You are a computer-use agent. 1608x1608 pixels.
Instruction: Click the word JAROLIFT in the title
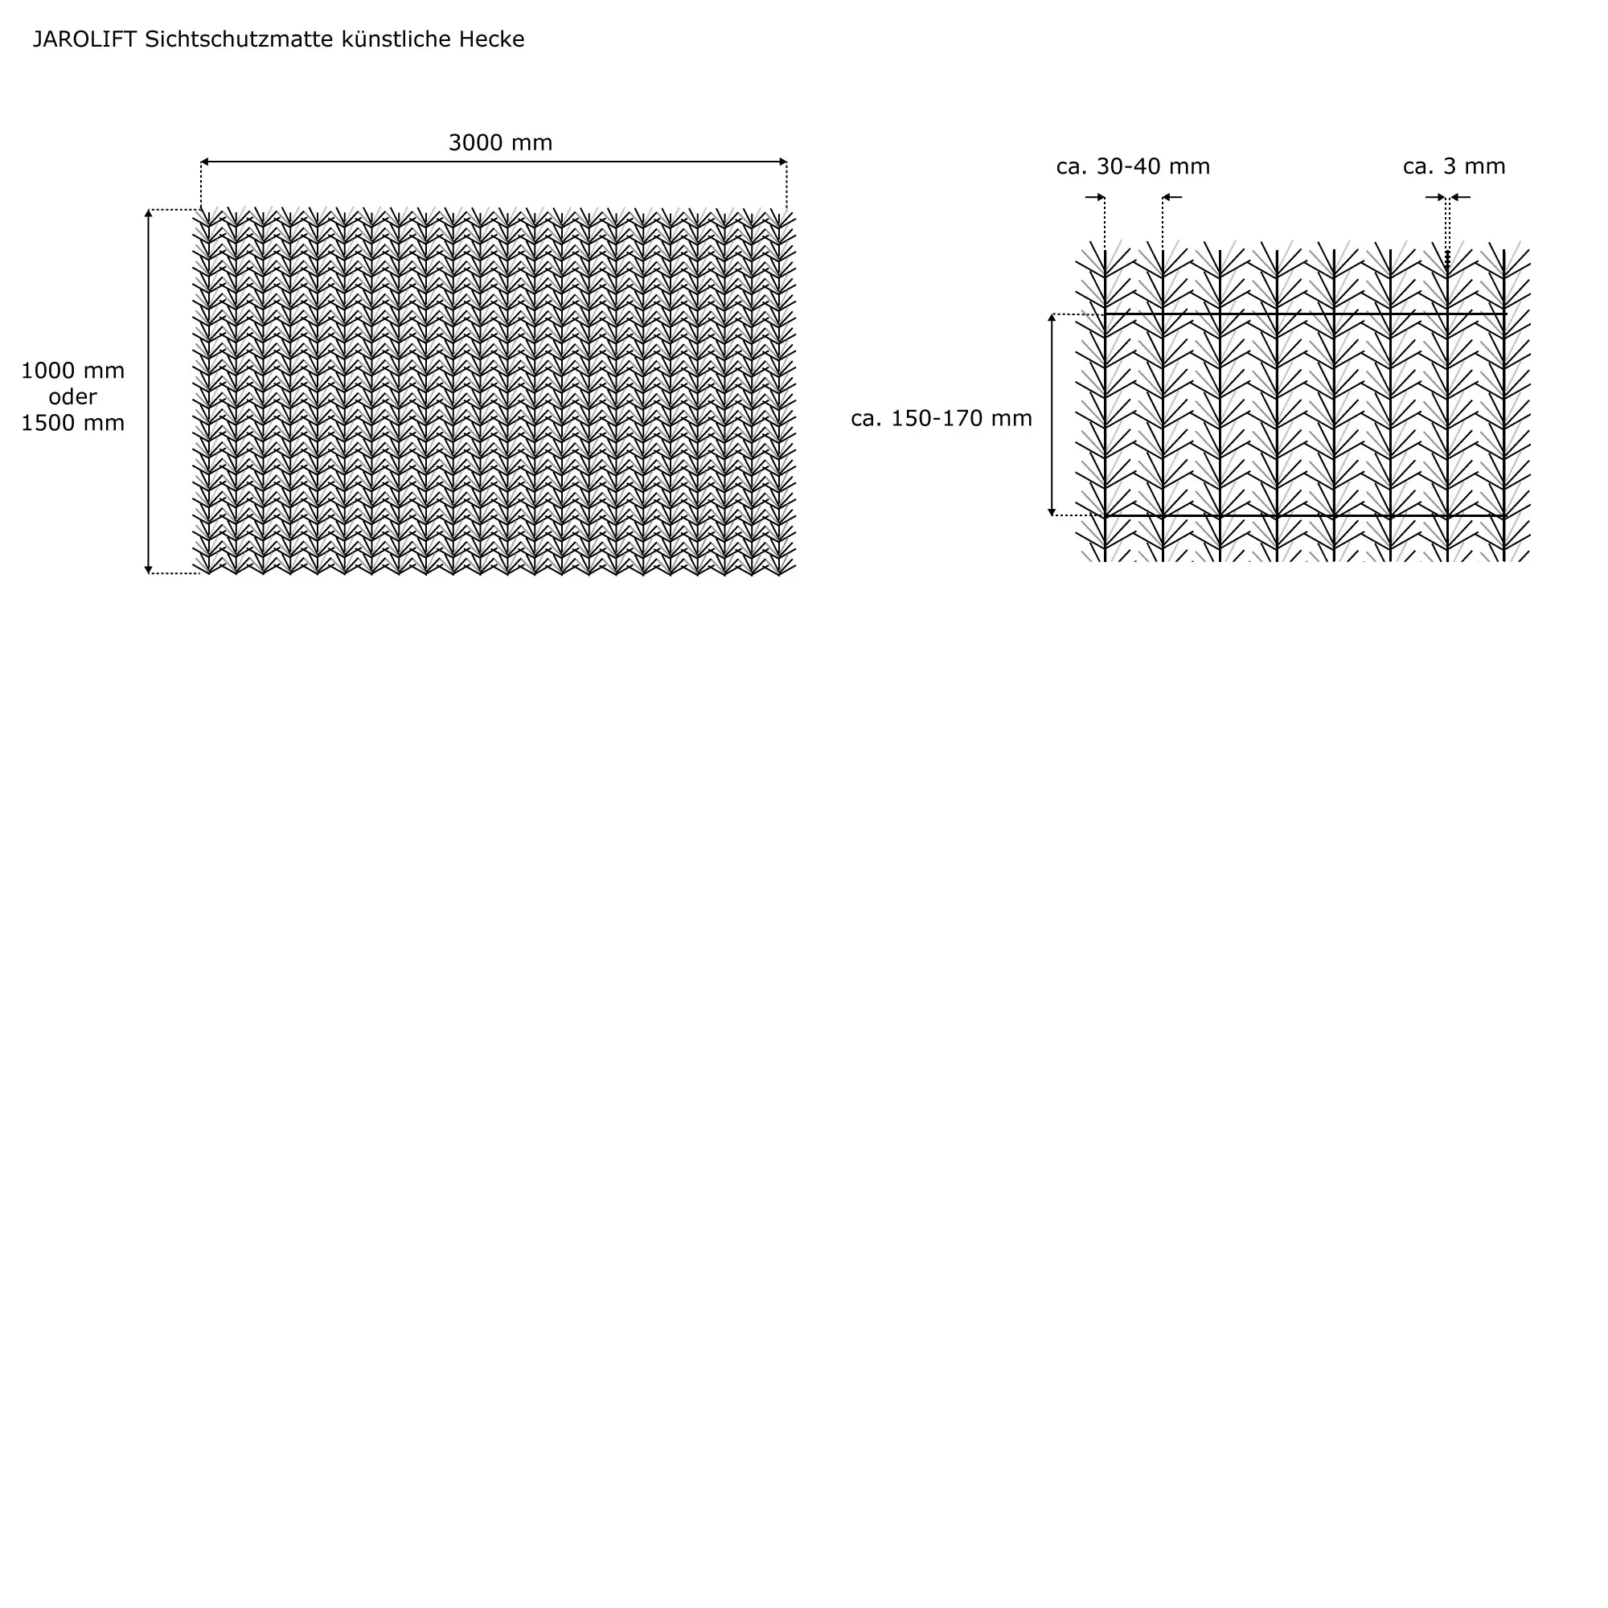84,39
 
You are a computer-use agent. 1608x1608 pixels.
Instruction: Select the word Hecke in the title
491,39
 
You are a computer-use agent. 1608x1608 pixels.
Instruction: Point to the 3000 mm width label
500,142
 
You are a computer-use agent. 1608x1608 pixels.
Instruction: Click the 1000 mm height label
72,371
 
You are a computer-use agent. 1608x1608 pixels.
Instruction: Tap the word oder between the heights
72,396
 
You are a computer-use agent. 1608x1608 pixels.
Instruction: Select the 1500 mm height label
72,423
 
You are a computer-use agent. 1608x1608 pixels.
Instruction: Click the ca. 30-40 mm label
1133,166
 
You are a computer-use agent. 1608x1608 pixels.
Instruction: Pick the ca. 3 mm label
1454,166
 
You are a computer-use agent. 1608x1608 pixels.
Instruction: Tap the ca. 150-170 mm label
941,418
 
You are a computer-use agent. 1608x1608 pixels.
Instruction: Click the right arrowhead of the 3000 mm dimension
783,162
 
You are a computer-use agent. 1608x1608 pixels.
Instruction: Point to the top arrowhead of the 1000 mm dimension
149,213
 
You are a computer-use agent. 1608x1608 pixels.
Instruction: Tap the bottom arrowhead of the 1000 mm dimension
149,570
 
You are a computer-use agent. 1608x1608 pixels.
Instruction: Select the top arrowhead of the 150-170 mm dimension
1052,318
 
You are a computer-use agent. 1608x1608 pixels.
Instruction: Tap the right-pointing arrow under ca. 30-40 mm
1096,197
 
